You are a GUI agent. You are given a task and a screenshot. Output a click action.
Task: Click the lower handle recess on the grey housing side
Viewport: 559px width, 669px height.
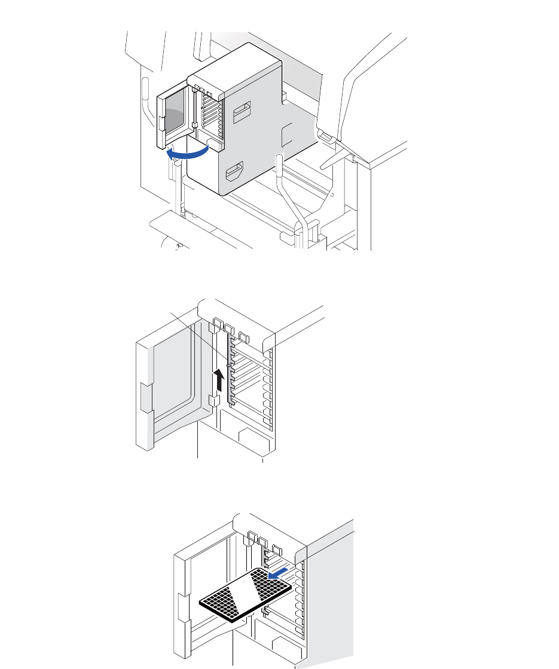pyautogui.click(x=234, y=173)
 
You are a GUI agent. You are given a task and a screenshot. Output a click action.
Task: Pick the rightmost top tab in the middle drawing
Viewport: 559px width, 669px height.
pyautogui.click(x=243, y=335)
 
